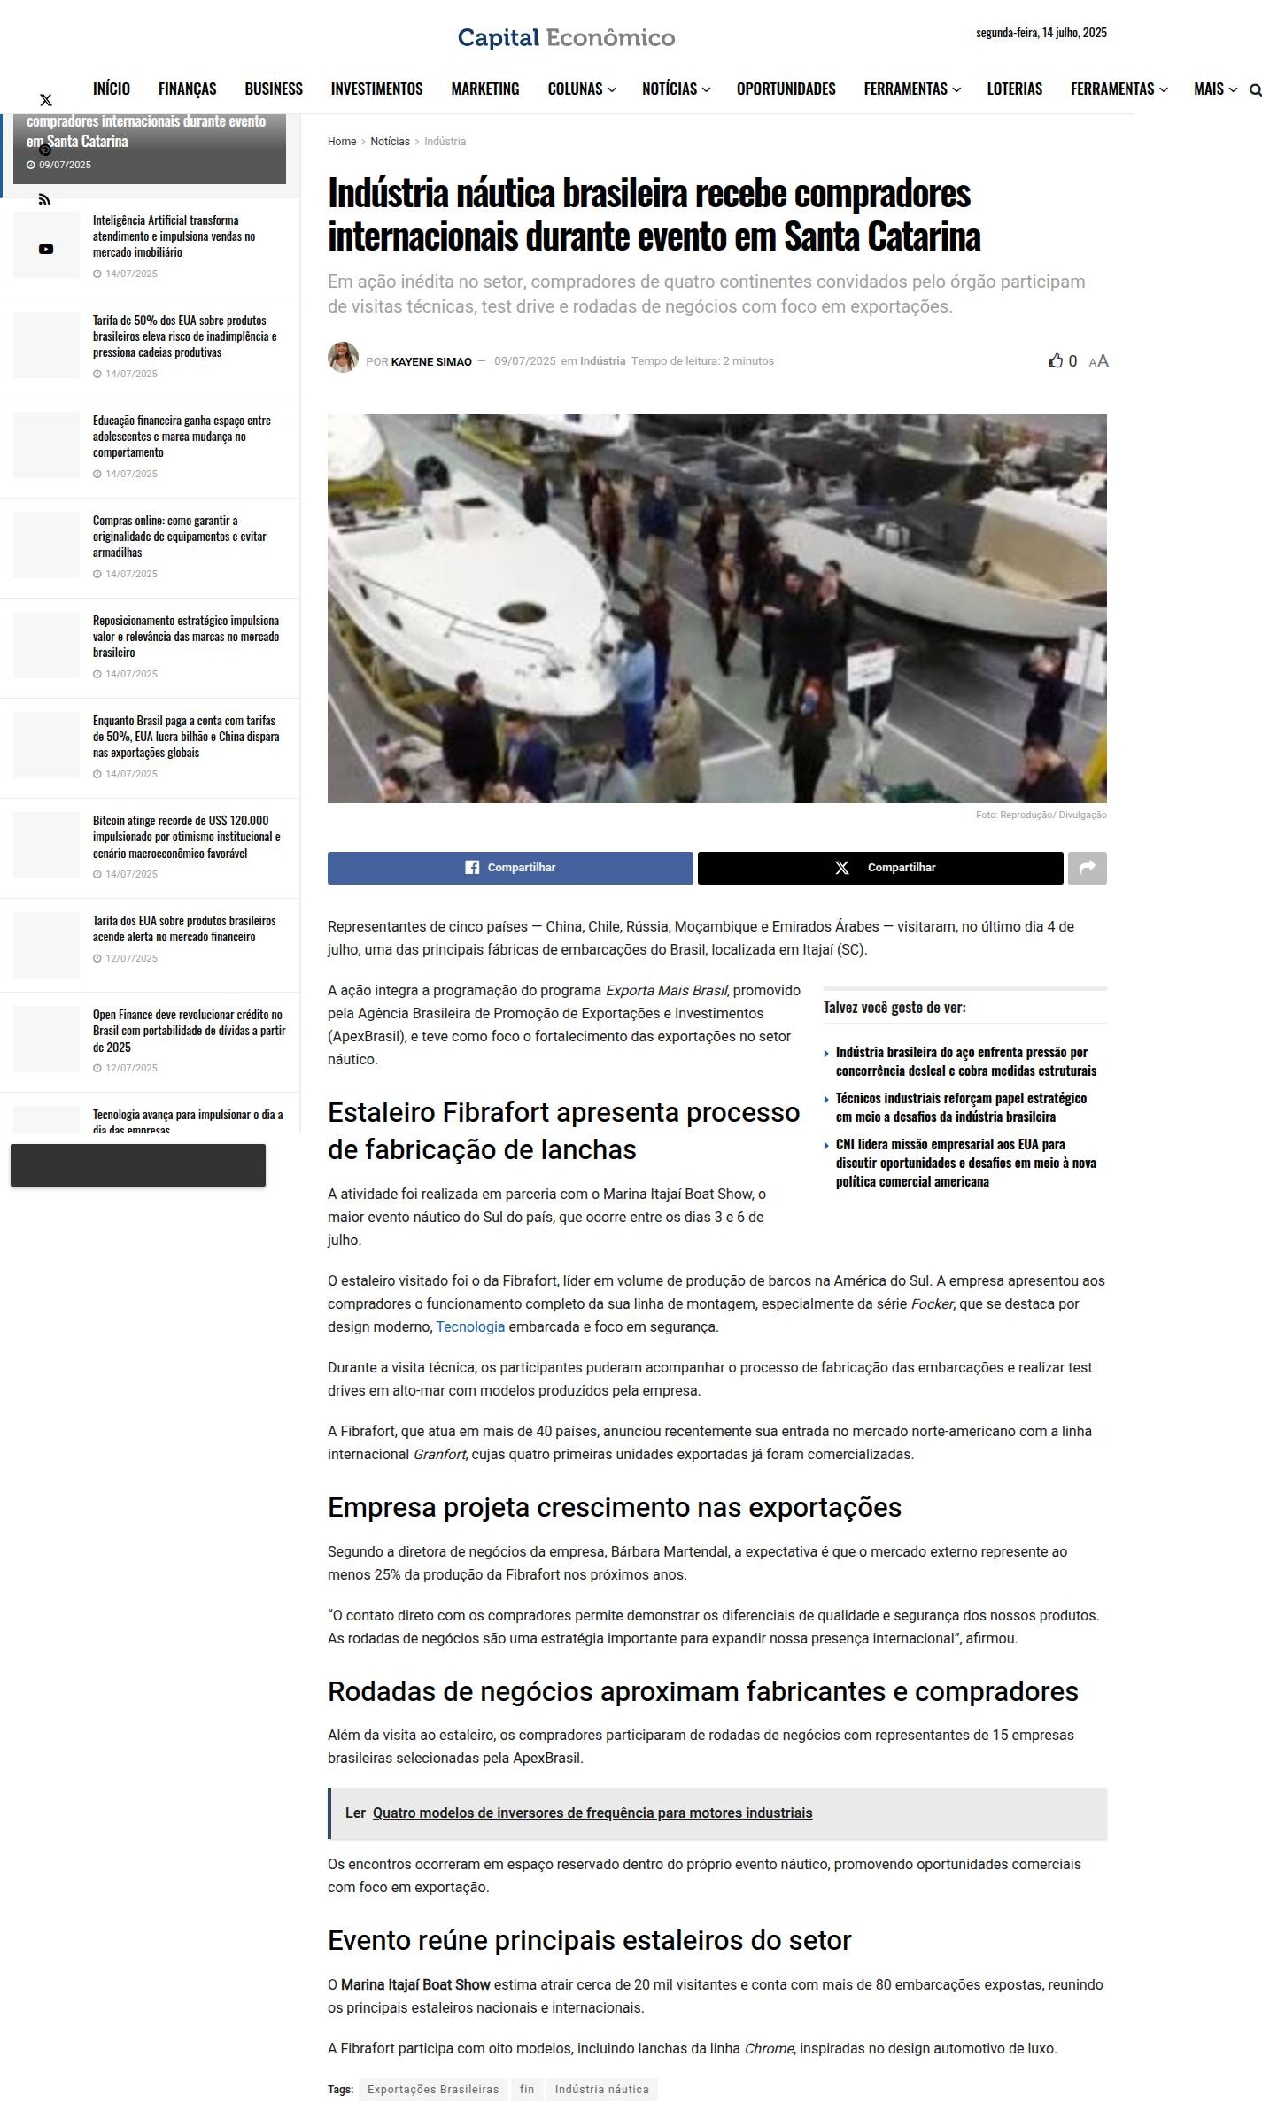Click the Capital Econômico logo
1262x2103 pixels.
(x=566, y=38)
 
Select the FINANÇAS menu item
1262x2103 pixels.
(x=187, y=89)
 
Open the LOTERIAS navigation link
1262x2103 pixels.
(x=1014, y=89)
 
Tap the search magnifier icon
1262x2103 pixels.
(x=1254, y=89)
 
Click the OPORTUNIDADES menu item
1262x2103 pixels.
(x=786, y=89)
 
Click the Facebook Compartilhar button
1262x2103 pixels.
(x=510, y=868)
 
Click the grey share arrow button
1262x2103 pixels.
(x=1087, y=868)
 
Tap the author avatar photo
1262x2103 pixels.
(x=343, y=358)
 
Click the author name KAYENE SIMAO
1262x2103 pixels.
(x=431, y=361)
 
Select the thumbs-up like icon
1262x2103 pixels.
(x=1056, y=360)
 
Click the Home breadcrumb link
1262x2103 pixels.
(x=341, y=142)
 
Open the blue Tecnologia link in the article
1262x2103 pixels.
(x=470, y=1326)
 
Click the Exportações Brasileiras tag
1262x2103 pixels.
(x=433, y=2089)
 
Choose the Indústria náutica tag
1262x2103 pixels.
(x=601, y=2089)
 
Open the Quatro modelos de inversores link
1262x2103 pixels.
(x=592, y=1813)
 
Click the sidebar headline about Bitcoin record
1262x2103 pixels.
(x=186, y=837)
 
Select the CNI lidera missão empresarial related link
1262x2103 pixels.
(x=965, y=1163)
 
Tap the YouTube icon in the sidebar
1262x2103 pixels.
(x=46, y=250)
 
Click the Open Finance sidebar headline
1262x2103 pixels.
(x=189, y=1031)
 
